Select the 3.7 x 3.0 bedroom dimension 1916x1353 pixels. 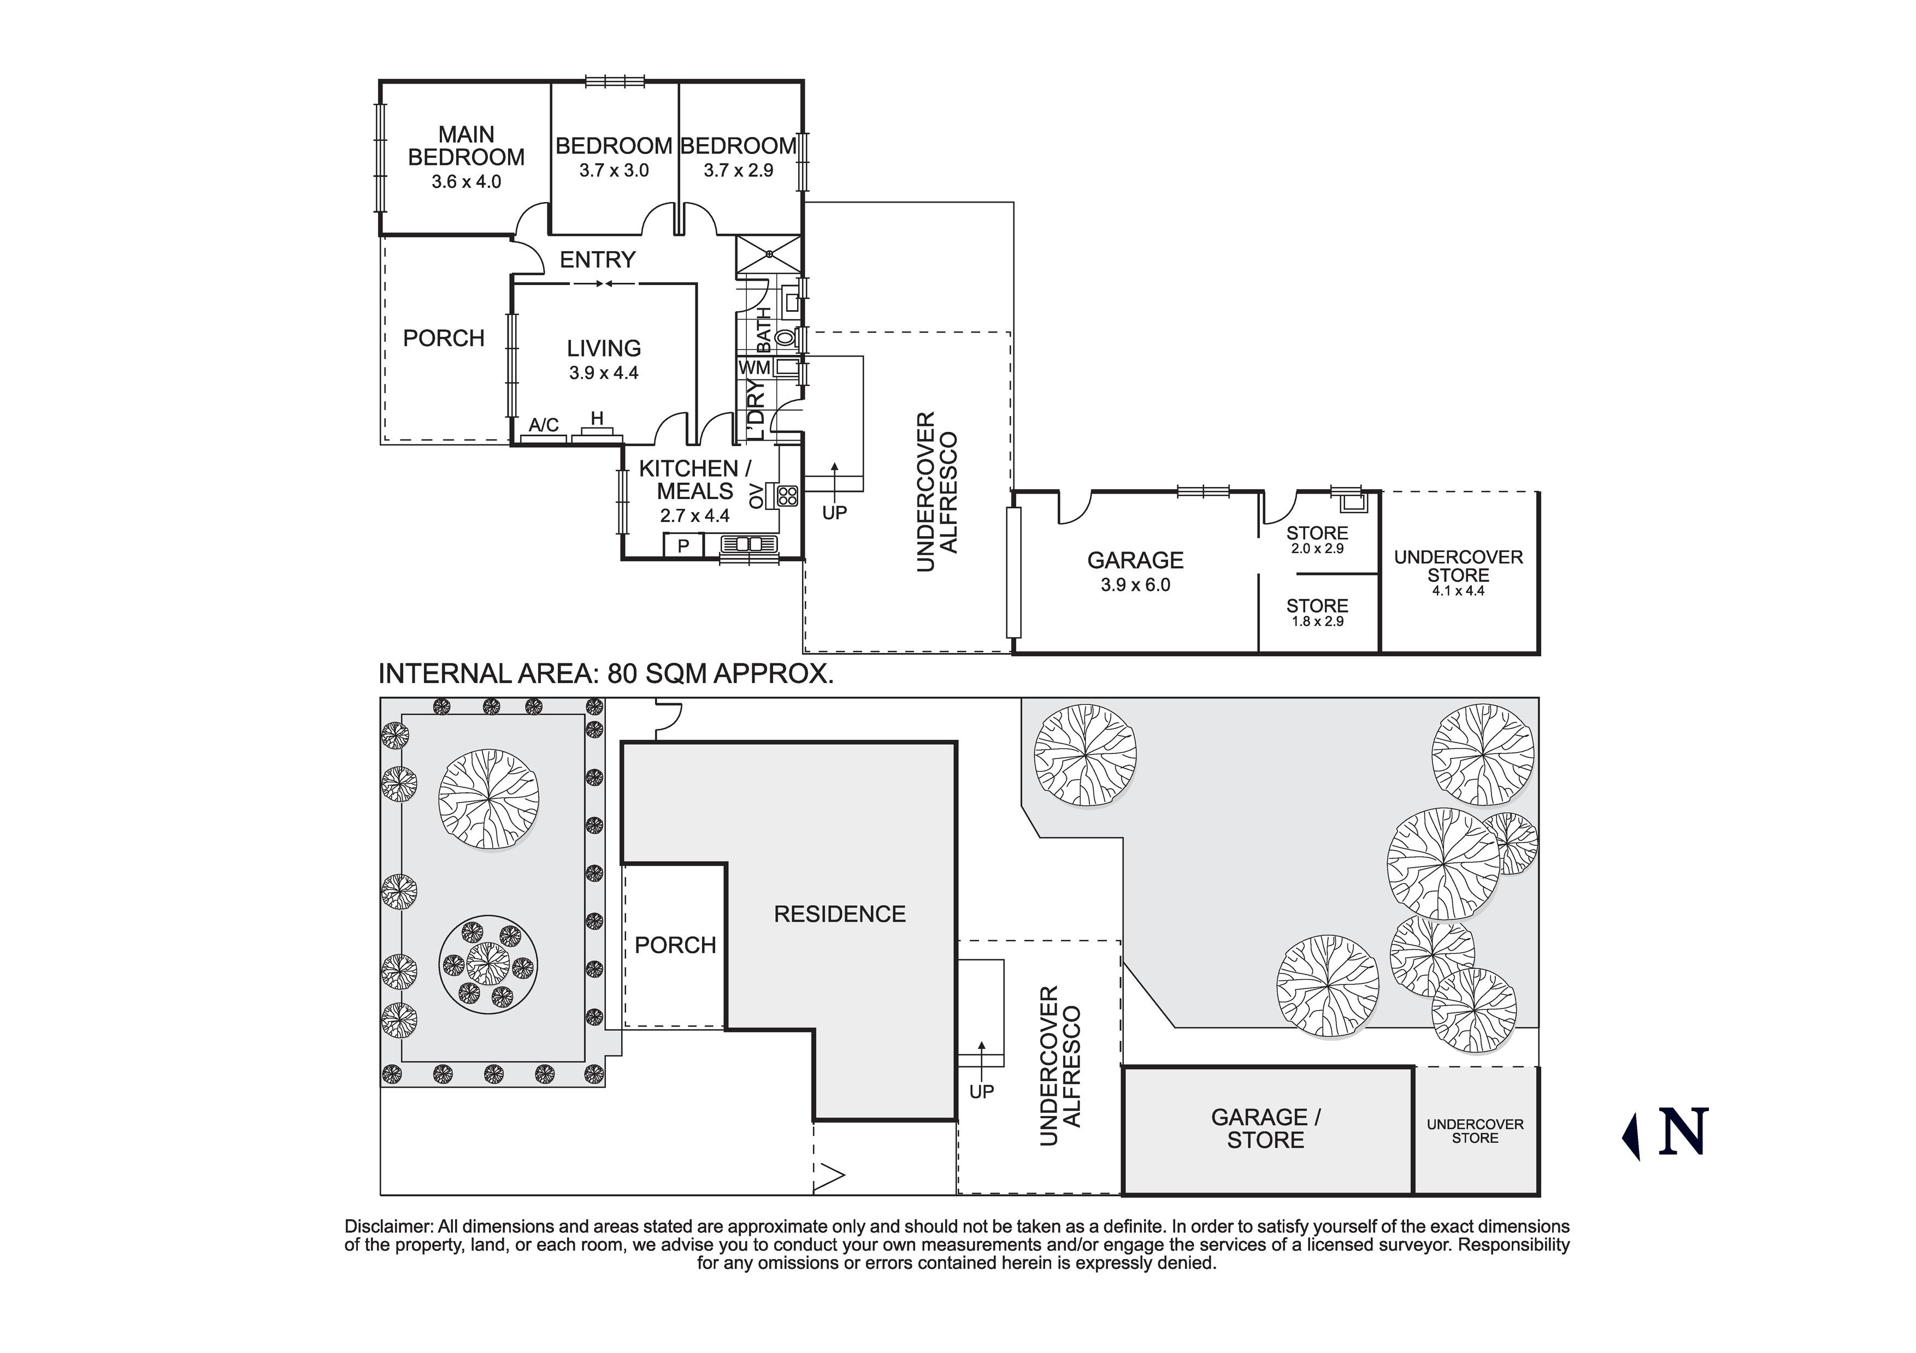pyautogui.click(x=614, y=171)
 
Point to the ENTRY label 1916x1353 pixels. pyautogui.click(x=598, y=259)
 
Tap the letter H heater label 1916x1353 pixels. pyautogui.click(x=597, y=418)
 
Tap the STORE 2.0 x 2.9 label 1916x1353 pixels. pyautogui.click(x=1317, y=539)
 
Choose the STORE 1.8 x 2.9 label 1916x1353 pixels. pyautogui.click(x=1317, y=612)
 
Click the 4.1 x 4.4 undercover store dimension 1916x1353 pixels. pyautogui.click(x=1458, y=591)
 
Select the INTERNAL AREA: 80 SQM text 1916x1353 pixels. pyautogui.click(x=606, y=673)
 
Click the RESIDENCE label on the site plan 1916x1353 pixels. pyautogui.click(x=840, y=914)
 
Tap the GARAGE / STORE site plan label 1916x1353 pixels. pyautogui.click(x=1265, y=1129)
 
